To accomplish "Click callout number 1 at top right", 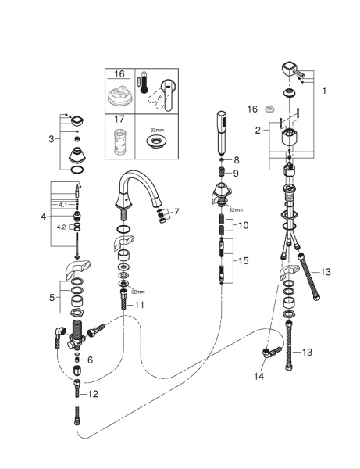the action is point(324,91).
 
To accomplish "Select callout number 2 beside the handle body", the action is point(258,130).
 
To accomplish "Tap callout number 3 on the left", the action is point(52,139).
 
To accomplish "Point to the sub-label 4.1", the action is point(62,205).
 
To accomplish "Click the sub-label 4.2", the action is point(61,227).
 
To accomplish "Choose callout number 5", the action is point(52,298).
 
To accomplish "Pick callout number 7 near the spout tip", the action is point(176,212).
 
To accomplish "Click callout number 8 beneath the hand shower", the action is point(237,160).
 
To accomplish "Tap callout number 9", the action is point(236,174).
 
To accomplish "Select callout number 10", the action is point(244,225).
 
